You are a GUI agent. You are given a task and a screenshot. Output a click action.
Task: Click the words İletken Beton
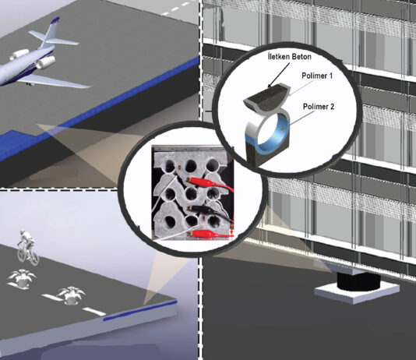pos(289,57)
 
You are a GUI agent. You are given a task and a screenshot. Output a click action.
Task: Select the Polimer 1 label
pos(317,76)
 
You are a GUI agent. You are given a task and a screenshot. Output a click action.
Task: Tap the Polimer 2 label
pos(319,107)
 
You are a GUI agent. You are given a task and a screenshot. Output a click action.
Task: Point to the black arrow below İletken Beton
pos(279,74)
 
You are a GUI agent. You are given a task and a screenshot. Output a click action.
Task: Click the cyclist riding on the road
pos(27,247)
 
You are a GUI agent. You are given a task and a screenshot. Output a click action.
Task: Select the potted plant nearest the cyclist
pos(22,278)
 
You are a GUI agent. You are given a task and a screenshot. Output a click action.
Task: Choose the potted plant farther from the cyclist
pos(72,295)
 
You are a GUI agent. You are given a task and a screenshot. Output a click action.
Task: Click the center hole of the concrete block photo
pos(191,194)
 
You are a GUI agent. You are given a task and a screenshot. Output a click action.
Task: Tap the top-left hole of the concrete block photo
pos(169,167)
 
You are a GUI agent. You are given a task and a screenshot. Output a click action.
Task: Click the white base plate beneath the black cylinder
pos(357,292)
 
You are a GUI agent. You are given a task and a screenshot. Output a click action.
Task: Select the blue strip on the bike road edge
pos(140,311)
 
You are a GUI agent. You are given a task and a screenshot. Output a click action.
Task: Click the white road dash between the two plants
pos(50,297)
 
